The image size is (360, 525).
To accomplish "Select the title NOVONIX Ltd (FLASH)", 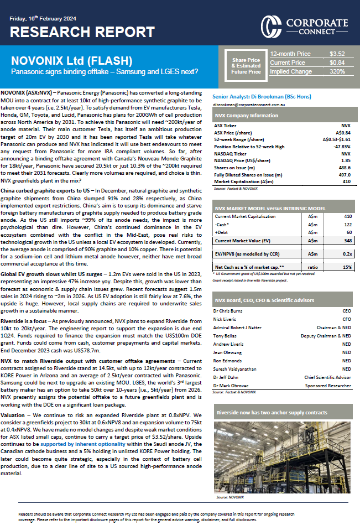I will coord(72,60).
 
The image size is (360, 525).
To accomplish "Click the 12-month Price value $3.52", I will coord(337,54).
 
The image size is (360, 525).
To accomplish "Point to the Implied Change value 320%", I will coord(337,71).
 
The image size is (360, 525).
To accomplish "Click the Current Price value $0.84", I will coord(337,63).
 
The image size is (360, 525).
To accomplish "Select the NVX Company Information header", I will coord(238,116).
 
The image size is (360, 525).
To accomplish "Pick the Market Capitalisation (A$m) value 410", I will coord(346,181).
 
